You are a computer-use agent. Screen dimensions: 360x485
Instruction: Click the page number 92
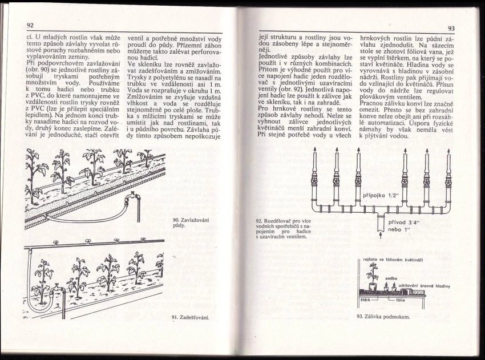point(30,26)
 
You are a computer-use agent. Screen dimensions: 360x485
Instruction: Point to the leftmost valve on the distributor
point(314,181)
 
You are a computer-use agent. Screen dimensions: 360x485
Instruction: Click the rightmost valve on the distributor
point(448,181)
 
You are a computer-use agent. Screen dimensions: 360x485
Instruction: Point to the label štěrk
point(367,298)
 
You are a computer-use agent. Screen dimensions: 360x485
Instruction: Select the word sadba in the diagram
point(391,278)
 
